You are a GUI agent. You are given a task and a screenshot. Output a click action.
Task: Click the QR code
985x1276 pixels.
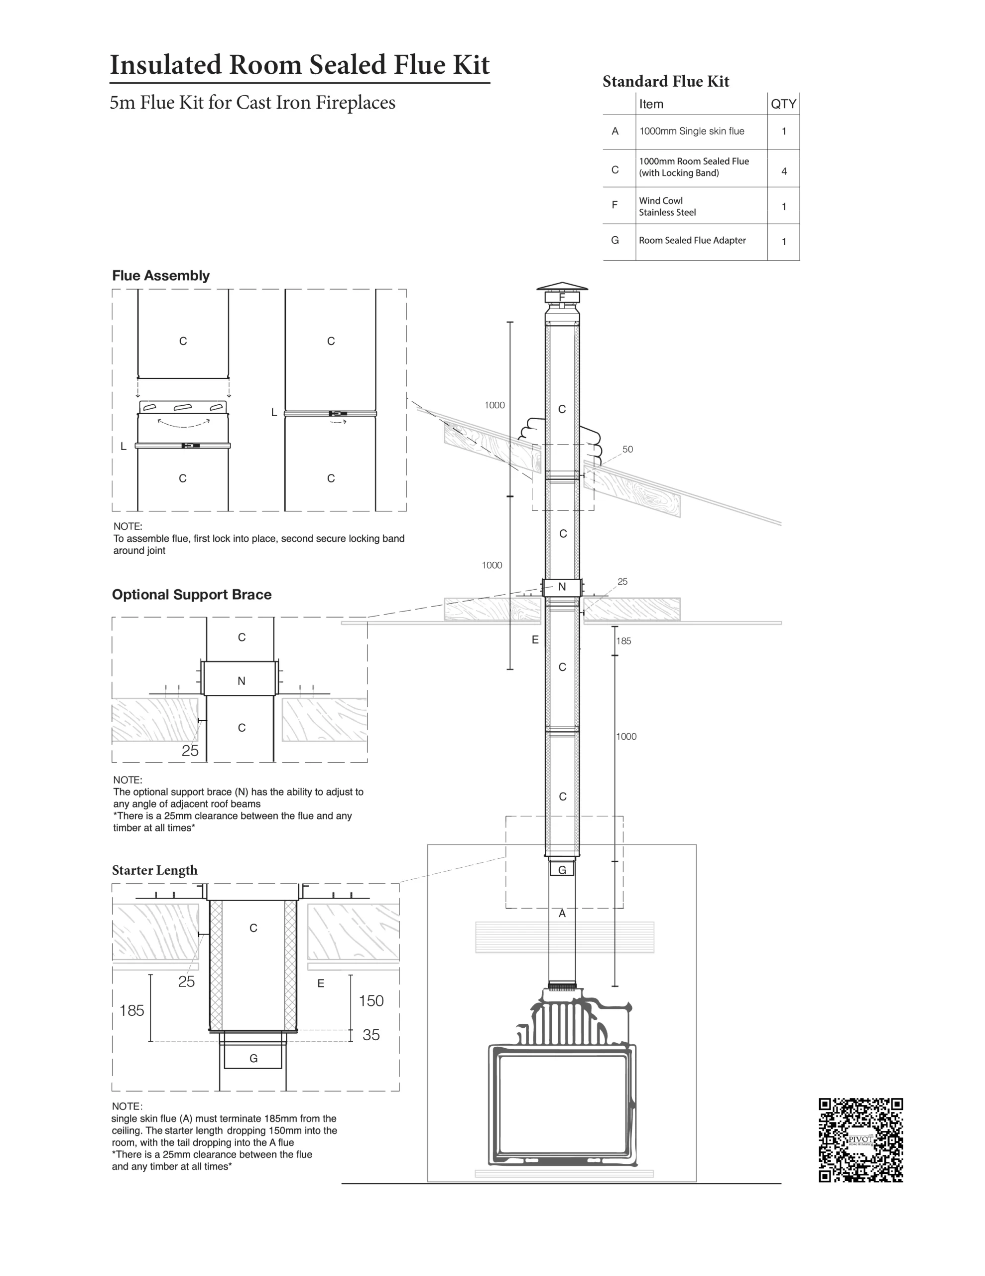[x=860, y=1140]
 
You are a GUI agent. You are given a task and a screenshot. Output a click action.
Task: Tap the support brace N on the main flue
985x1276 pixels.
[x=562, y=587]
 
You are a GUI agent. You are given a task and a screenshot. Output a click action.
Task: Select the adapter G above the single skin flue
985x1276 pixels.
[x=562, y=869]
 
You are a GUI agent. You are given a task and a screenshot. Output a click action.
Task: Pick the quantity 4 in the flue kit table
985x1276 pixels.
[x=783, y=171]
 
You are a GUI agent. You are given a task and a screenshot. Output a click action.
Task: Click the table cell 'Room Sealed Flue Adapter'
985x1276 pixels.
[x=693, y=240]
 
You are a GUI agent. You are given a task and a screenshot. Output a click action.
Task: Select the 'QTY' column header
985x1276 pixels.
[x=783, y=104]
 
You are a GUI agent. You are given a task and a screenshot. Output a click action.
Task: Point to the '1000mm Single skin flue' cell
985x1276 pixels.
[x=692, y=131]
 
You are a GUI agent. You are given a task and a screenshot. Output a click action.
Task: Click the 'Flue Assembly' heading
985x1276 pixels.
[x=160, y=276]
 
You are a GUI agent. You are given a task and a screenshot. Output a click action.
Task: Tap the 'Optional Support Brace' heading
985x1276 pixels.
[x=192, y=595]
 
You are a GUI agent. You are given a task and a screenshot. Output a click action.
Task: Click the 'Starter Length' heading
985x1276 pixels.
[x=155, y=871]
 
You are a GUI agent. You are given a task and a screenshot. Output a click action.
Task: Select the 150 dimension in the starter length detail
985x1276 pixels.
[x=371, y=1001]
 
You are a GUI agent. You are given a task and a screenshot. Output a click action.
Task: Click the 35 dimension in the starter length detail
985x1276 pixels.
[x=371, y=1035]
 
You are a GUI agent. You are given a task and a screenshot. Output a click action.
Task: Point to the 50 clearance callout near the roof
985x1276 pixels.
[x=627, y=449]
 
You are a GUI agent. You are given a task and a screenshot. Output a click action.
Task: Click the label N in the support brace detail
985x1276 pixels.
[x=241, y=681]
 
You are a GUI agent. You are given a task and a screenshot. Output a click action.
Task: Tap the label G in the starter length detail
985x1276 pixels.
[x=253, y=1058]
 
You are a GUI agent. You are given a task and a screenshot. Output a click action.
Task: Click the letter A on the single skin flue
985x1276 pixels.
[x=562, y=913]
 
